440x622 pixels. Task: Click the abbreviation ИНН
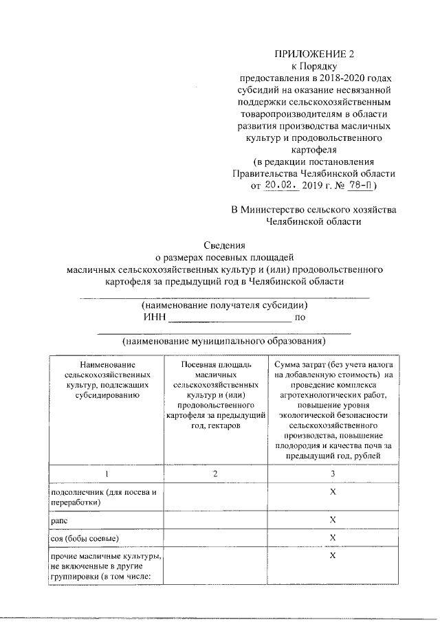pyautogui.click(x=155, y=318)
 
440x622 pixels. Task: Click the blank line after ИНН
pyautogui.click(x=230, y=319)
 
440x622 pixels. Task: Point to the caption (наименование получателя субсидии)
pyautogui.click(x=224, y=305)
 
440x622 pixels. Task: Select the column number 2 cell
pyautogui.click(x=215, y=474)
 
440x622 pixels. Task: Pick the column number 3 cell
pyautogui.click(x=333, y=474)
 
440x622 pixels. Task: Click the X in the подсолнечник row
pyautogui.click(x=333, y=493)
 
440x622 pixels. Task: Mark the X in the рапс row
pyautogui.click(x=333, y=520)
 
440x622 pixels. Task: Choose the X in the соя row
pyautogui.click(x=333, y=537)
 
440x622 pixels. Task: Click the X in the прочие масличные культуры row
pyautogui.click(x=333, y=555)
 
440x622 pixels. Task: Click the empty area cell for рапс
pyautogui.click(x=215, y=521)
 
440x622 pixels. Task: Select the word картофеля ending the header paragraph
pyautogui.click(x=317, y=150)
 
